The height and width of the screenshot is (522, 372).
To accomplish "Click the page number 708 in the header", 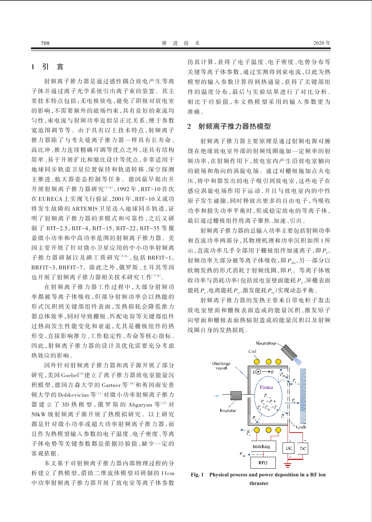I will [x=45, y=43].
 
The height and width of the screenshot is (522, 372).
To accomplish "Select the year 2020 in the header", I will [x=319, y=43].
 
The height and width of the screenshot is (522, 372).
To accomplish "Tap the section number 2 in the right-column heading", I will [x=189, y=127].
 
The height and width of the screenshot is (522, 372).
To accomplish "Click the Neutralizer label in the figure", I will [x=266, y=343].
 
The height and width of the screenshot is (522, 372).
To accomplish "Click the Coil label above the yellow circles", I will [x=252, y=351].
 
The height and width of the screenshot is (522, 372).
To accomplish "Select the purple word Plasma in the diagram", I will [x=266, y=387].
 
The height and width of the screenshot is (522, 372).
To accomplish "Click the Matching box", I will [x=261, y=446].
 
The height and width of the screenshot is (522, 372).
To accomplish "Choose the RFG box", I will [x=263, y=463].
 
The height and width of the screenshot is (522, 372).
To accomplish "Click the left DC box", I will [x=289, y=448].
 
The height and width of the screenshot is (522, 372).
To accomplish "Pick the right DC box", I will [x=303, y=448].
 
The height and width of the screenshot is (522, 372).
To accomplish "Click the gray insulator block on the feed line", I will [x=236, y=396].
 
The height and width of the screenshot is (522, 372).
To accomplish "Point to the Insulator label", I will [x=228, y=411].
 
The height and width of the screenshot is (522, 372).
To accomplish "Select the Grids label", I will [x=301, y=427].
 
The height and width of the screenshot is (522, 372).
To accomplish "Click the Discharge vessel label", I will [x=221, y=366].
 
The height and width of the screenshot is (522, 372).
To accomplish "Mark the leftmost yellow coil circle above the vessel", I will [x=257, y=362].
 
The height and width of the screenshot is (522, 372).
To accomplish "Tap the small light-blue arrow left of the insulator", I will [x=216, y=396].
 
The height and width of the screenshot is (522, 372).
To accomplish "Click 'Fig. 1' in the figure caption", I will [x=197, y=475].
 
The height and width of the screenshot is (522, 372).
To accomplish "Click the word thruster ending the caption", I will [x=259, y=483].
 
